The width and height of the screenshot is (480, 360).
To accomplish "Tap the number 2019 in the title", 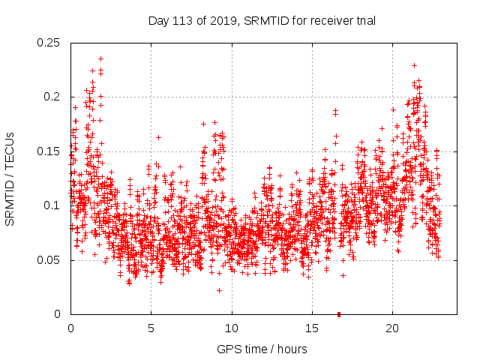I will pos(220,20).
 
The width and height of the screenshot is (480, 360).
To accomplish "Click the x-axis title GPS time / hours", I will pos(262,349).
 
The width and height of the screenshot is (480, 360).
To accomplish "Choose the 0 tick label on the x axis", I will pos(70,328).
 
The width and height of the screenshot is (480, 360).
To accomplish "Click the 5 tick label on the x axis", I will pos(151,328).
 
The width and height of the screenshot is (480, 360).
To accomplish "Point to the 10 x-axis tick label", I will pos(232,328).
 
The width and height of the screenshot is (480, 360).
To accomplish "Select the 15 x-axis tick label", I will pos(312,328).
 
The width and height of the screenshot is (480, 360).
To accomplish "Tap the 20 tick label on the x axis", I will pos(392,328).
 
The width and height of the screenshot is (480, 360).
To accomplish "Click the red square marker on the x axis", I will pos(339,314).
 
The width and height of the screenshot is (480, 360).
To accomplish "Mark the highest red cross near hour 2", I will pos(100,58).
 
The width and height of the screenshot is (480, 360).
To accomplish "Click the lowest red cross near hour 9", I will pos(219,290).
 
